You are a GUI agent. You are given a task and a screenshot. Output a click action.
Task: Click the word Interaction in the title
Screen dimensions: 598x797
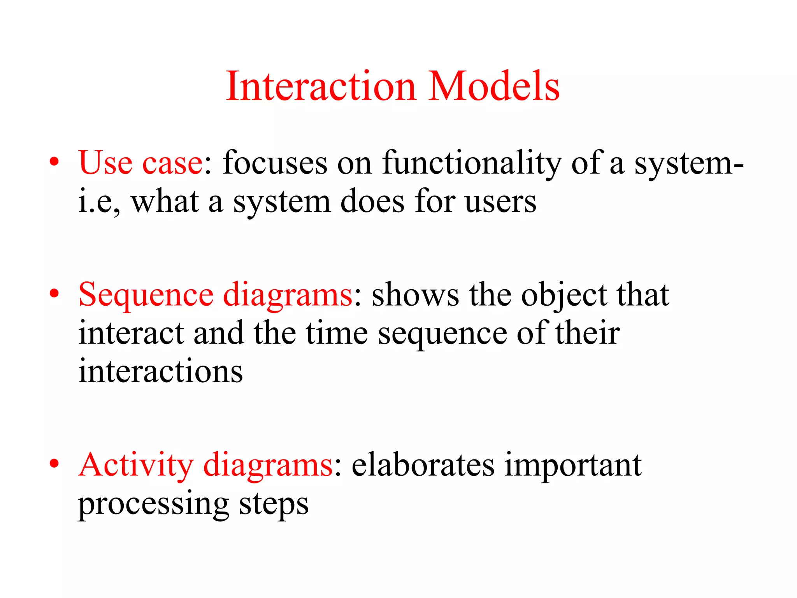point(321,86)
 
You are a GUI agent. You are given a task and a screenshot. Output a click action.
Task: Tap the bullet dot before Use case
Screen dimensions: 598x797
point(54,161)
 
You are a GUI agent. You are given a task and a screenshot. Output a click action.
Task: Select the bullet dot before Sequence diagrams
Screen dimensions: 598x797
point(54,293)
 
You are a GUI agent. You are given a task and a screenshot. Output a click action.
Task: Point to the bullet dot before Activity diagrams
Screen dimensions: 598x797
point(54,463)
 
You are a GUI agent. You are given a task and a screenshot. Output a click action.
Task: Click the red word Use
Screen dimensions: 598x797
point(105,163)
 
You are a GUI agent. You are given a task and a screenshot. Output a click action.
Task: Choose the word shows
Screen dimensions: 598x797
point(415,295)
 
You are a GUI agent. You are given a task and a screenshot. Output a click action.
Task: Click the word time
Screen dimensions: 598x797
point(337,333)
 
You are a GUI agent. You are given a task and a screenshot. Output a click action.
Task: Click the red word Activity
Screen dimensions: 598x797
point(135,466)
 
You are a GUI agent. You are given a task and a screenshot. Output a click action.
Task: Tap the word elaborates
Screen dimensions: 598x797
point(423,465)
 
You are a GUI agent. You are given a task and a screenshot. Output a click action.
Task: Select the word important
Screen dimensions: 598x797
point(573,466)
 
